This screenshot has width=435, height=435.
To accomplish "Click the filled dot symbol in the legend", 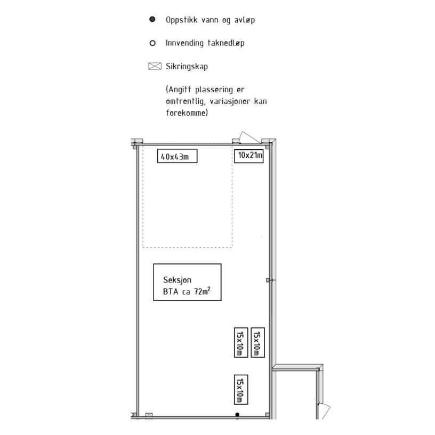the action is (x=152, y=19).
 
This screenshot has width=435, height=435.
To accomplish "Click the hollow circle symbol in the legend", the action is (x=152, y=43).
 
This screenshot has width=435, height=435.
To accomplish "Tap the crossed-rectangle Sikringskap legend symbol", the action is (x=155, y=66).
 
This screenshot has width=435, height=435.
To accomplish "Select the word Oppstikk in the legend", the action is (x=181, y=20).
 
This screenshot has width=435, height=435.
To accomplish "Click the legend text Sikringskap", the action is (x=187, y=67).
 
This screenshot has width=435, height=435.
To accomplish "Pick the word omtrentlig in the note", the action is (x=186, y=101).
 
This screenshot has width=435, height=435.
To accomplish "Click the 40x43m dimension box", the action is (x=178, y=156).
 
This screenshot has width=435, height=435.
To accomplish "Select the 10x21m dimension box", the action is (x=249, y=156).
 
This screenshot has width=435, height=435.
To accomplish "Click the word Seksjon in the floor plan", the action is (x=177, y=280).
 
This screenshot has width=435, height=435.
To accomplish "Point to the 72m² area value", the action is (x=202, y=291).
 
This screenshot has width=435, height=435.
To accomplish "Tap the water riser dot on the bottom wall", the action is (x=237, y=414).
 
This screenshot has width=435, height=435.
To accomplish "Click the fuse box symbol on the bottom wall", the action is (x=149, y=415).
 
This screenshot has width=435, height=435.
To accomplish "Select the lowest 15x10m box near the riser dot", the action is (x=241, y=390).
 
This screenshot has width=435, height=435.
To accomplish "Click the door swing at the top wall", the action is (x=249, y=137).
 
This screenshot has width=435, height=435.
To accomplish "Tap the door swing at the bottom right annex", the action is (x=324, y=411).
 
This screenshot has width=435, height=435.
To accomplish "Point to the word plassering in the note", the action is (x=214, y=90).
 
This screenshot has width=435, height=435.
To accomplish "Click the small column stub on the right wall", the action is (x=268, y=280).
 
